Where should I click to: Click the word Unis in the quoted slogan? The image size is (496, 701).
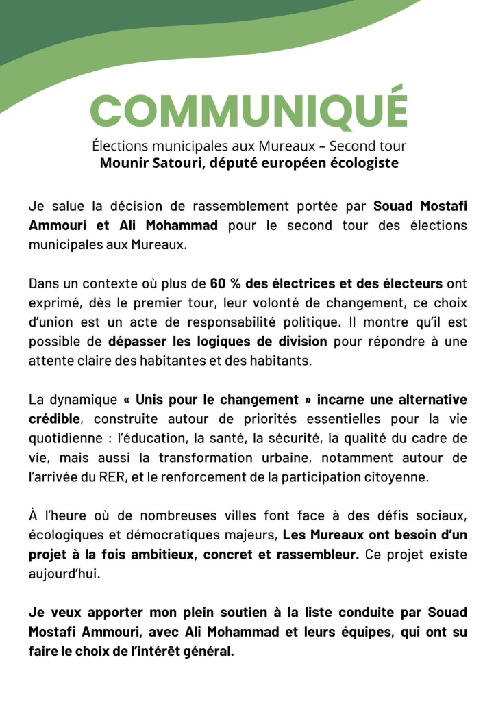(151, 399)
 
